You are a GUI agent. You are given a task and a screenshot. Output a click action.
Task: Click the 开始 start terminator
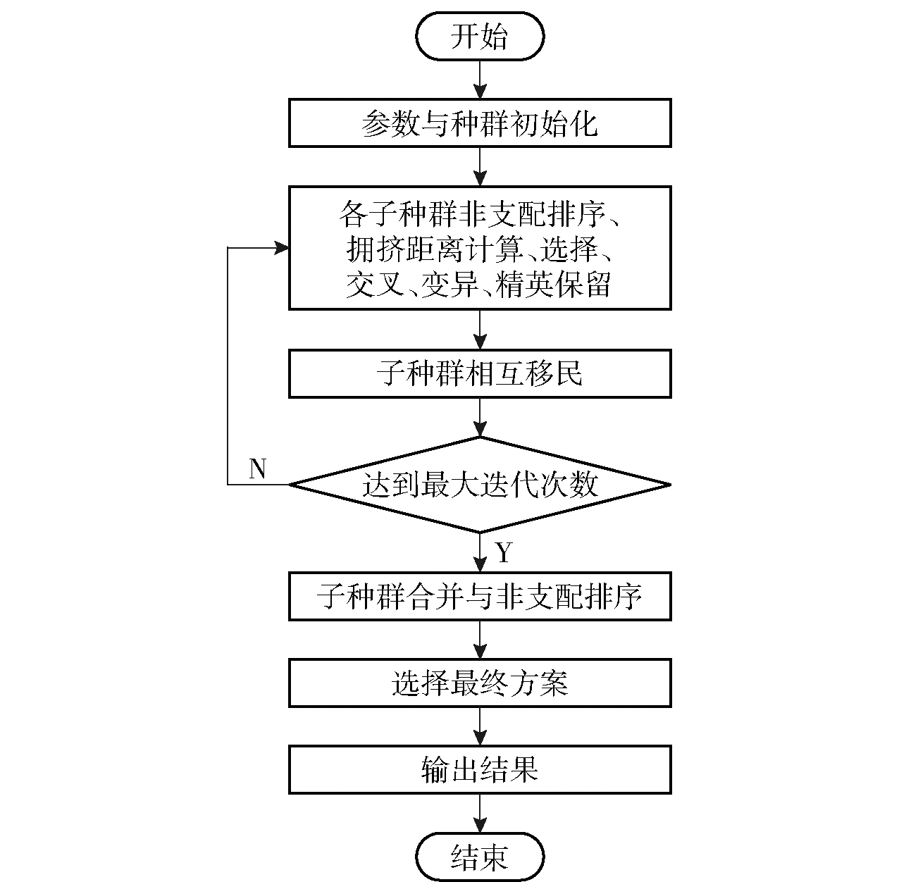tap(480, 37)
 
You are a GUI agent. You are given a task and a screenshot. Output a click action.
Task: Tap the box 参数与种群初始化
tap(480, 123)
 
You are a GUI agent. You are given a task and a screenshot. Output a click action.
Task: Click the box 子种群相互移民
tap(480, 374)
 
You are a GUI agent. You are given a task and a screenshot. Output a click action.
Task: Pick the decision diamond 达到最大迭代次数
tap(480, 485)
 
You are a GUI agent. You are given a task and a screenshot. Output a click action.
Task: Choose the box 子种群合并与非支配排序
tap(480, 597)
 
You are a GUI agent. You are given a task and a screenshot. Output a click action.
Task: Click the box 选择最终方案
tap(480, 683)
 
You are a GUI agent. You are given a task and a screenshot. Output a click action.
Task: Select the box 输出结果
tap(480, 770)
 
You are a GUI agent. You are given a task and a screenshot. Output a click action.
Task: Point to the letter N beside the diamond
tap(258, 468)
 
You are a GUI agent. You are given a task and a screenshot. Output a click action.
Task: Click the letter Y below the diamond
tap(504, 552)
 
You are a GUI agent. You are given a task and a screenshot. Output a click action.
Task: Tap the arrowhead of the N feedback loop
tap(282, 248)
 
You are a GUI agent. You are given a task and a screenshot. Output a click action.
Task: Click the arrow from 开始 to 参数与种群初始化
tap(480, 80)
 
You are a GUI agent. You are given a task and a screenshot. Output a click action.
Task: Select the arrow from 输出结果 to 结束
tap(480, 814)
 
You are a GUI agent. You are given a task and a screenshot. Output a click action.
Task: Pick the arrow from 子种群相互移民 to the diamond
tap(480, 418)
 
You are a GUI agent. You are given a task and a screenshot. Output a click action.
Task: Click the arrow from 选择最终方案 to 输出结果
tap(480, 726)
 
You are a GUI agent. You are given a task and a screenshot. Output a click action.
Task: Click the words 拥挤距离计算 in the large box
tap(435, 249)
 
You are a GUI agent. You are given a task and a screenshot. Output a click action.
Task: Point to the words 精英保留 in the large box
tap(553, 284)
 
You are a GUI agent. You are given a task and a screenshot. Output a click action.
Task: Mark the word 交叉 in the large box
tap(375, 284)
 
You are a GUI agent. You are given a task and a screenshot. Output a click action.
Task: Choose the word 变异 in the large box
tap(449, 284)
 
